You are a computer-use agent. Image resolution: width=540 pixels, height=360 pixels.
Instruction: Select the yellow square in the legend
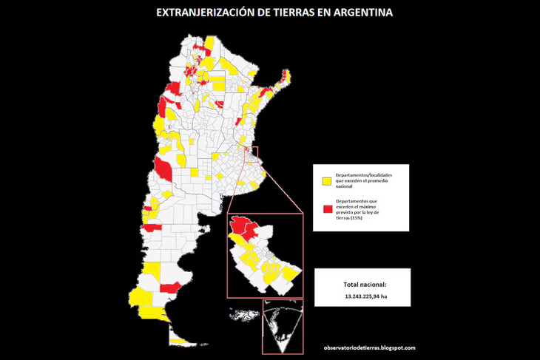(325, 180)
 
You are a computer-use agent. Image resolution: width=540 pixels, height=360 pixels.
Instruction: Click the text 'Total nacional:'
(364, 285)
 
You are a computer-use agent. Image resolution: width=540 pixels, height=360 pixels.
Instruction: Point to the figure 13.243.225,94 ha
(365, 297)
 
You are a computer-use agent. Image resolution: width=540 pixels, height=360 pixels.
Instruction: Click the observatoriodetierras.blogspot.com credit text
(369, 347)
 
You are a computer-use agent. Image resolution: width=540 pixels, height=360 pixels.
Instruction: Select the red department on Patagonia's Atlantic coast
(169, 285)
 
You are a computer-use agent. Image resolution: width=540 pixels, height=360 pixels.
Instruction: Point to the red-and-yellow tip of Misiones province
(281, 78)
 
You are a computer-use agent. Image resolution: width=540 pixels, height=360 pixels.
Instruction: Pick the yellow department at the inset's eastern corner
(292, 274)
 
